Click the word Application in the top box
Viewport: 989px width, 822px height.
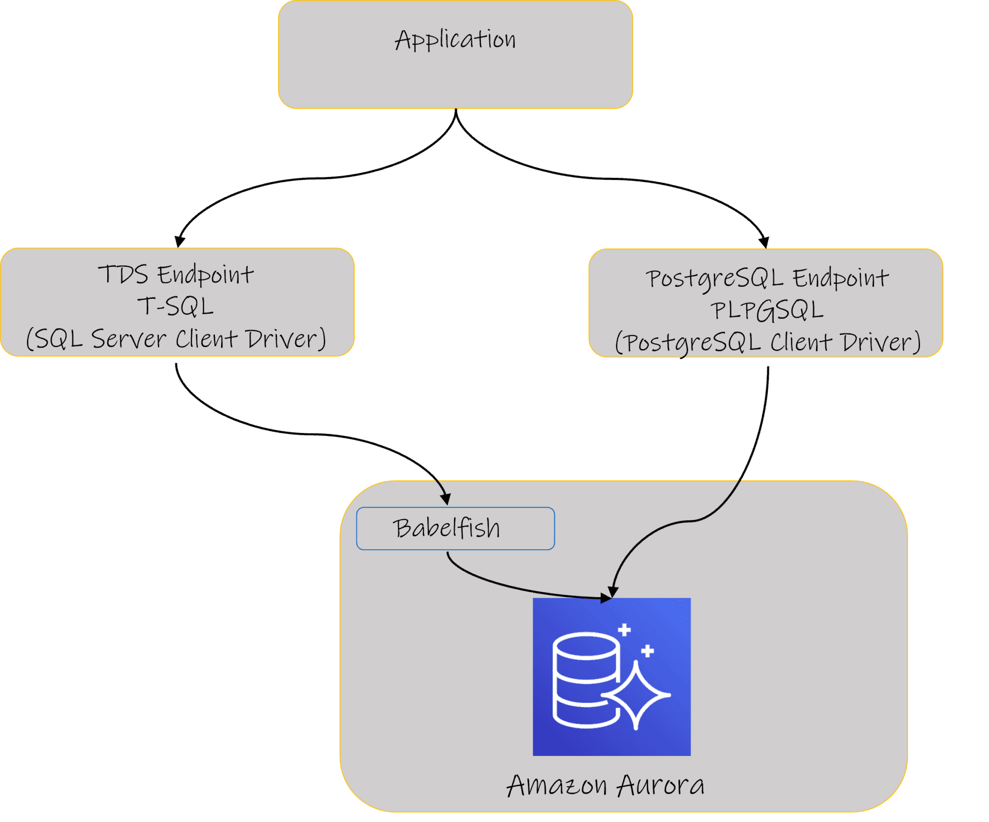pos(455,40)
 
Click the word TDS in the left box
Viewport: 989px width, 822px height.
pos(123,274)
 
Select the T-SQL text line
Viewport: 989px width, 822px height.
pos(176,307)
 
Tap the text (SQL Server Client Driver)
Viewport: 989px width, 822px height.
pos(176,339)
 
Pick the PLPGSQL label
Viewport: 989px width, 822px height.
pos(766,310)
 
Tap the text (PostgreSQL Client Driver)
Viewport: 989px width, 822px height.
pos(767,342)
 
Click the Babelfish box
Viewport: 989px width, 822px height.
pos(455,528)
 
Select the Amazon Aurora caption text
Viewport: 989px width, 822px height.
pos(606,786)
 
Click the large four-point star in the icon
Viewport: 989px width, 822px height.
pos(637,695)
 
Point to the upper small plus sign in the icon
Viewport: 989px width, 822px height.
pos(624,629)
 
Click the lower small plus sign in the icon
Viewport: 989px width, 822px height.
pos(648,651)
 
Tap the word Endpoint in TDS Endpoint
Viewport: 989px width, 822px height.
pos(205,274)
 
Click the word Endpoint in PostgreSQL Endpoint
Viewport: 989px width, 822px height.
pos(840,279)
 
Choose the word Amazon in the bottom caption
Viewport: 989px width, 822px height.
pos(556,786)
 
